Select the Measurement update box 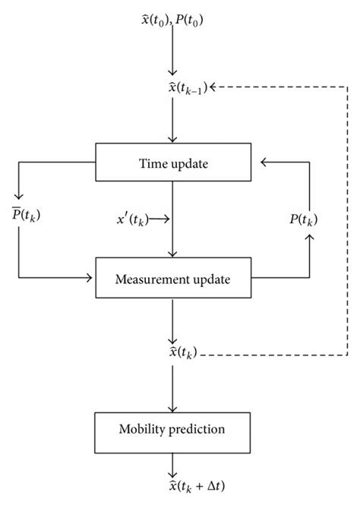pyautogui.click(x=174, y=279)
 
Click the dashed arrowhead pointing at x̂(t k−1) pyautogui.click(x=210, y=88)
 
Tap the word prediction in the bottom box pyautogui.click(x=197, y=430)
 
